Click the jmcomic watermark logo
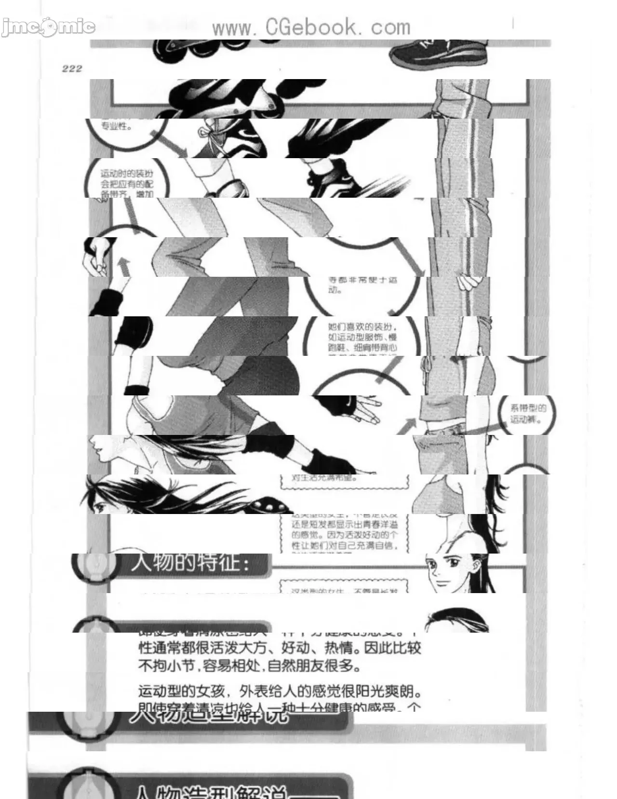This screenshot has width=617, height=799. tap(48, 27)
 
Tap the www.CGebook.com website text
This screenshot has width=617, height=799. tap(311, 27)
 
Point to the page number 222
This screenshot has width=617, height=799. tap(72, 68)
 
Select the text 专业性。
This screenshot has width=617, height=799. tap(116, 127)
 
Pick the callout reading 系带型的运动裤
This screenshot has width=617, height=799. tap(528, 414)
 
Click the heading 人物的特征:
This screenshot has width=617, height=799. tap(191, 563)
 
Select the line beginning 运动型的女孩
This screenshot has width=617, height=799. tap(280, 691)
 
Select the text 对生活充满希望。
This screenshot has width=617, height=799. tap(324, 478)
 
